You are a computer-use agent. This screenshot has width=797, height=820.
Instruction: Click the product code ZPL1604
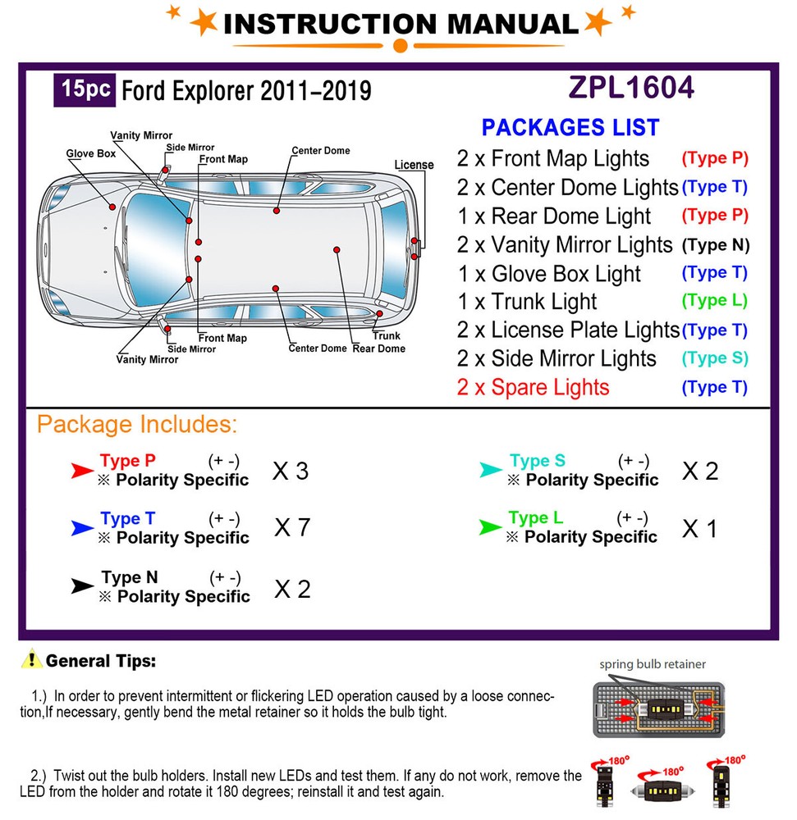click(631, 88)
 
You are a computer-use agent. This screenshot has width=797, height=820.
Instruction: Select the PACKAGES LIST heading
click(570, 128)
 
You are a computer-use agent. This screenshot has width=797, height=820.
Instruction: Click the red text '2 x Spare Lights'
click(533, 387)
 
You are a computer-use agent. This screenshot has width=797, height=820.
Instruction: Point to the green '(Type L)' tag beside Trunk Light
click(714, 301)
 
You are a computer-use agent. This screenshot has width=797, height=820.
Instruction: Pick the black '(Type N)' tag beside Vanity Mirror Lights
click(716, 244)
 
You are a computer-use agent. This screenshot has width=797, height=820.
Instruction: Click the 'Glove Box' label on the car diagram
click(91, 153)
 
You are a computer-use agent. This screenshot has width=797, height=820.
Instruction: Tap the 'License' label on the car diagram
click(414, 165)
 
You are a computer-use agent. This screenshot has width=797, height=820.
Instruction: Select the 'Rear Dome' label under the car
click(379, 348)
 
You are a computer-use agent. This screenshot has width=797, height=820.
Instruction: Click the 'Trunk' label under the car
click(387, 335)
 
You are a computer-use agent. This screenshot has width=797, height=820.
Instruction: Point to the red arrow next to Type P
click(82, 471)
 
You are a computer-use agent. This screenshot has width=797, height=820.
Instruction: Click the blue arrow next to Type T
click(82, 530)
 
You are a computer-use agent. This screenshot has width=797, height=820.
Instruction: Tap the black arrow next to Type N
click(82, 586)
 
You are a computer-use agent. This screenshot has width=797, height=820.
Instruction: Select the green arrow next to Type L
click(491, 528)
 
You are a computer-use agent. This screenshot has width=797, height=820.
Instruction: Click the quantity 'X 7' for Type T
click(292, 527)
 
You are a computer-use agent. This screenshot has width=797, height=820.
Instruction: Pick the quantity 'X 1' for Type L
click(699, 529)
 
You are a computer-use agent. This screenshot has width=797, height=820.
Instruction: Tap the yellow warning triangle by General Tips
click(32, 658)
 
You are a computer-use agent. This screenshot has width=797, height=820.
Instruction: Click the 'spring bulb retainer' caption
click(652, 664)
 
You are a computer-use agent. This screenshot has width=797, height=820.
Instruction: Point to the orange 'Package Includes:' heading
click(137, 425)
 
